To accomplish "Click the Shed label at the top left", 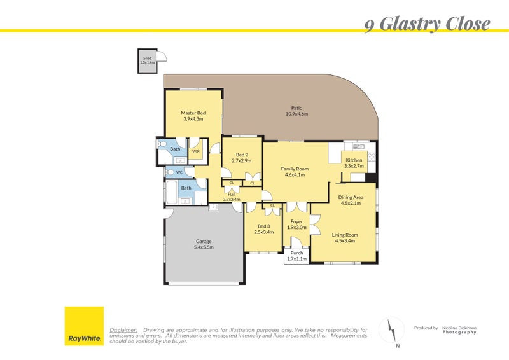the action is pyautogui.click(x=148, y=58).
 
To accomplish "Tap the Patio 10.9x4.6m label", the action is pyautogui.click(x=296, y=111).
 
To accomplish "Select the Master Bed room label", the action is pyautogui.click(x=193, y=113).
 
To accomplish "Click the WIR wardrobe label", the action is pyautogui.click(x=196, y=151).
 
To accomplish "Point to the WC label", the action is pyautogui.click(x=179, y=172).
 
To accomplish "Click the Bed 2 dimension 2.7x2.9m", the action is pyautogui.click(x=242, y=161).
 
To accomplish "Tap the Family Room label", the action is pyautogui.click(x=295, y=169).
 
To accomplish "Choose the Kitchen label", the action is pyautogui.click(x=354, y=160).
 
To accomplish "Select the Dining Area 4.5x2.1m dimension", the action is pyautogui.click(x=351, y=203).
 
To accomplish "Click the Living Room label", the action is pyautogui.click(x=345, y=235).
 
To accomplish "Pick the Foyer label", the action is pyautogui.click(x=296, y=222).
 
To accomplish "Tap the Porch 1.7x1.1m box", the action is pyautogui.click(x=296, y=256).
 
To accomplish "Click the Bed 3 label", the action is pyautogui.click(x=263, y=226).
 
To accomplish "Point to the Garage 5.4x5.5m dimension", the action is pyautogui.click(x=204, y=247).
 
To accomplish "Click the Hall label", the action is pyautogui.click(x=232, y=195).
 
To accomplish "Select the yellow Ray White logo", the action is pyautogui.click(x=85, y=326).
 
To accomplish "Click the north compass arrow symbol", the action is pyautogui.click(x=392, y=329).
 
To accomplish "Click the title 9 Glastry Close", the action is pyautogui.click(x=427, y=24).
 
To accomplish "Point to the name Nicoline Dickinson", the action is pyautogui.click(x=459, y=328).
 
